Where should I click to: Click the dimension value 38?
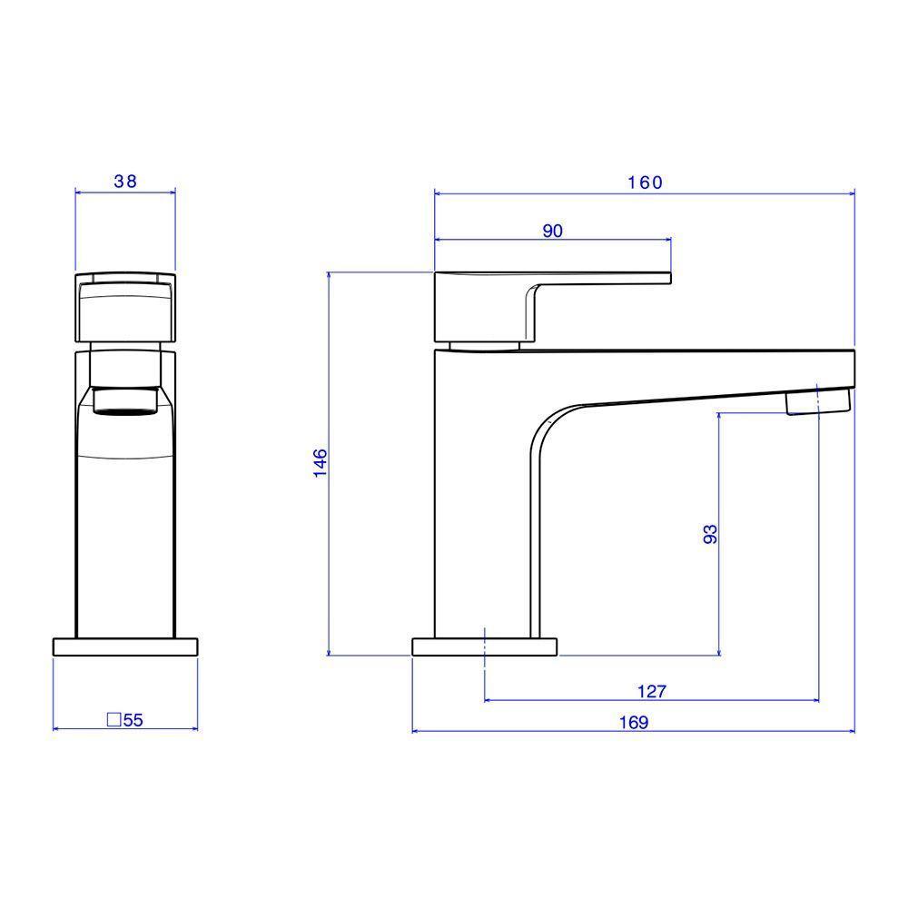tap(125, 182)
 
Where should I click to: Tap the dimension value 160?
tap(645, 183)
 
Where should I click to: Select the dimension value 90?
tap(552, 231)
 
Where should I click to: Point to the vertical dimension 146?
tap(321, 463)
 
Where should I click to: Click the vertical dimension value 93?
tap(710, 534)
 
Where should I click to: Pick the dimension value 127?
tap(652, 691)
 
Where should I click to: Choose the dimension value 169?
tap(634, 723)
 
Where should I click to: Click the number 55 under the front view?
tap(133, 720)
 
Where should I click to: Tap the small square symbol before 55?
tap(114, 720)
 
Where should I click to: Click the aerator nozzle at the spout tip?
tap(818, 400)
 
